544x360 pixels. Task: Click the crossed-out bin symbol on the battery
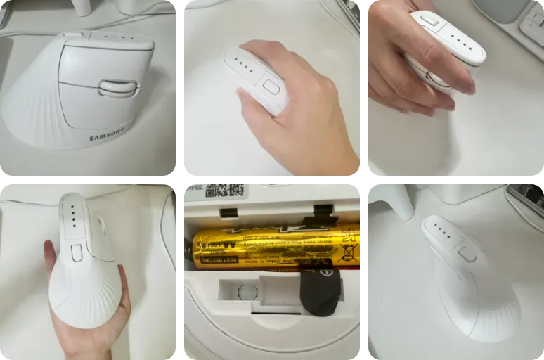347,251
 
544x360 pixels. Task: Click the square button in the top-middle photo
271,86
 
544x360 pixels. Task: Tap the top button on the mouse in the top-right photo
430,21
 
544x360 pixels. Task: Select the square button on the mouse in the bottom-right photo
467,255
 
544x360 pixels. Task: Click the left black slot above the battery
227,212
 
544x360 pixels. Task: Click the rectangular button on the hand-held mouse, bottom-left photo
77,252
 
